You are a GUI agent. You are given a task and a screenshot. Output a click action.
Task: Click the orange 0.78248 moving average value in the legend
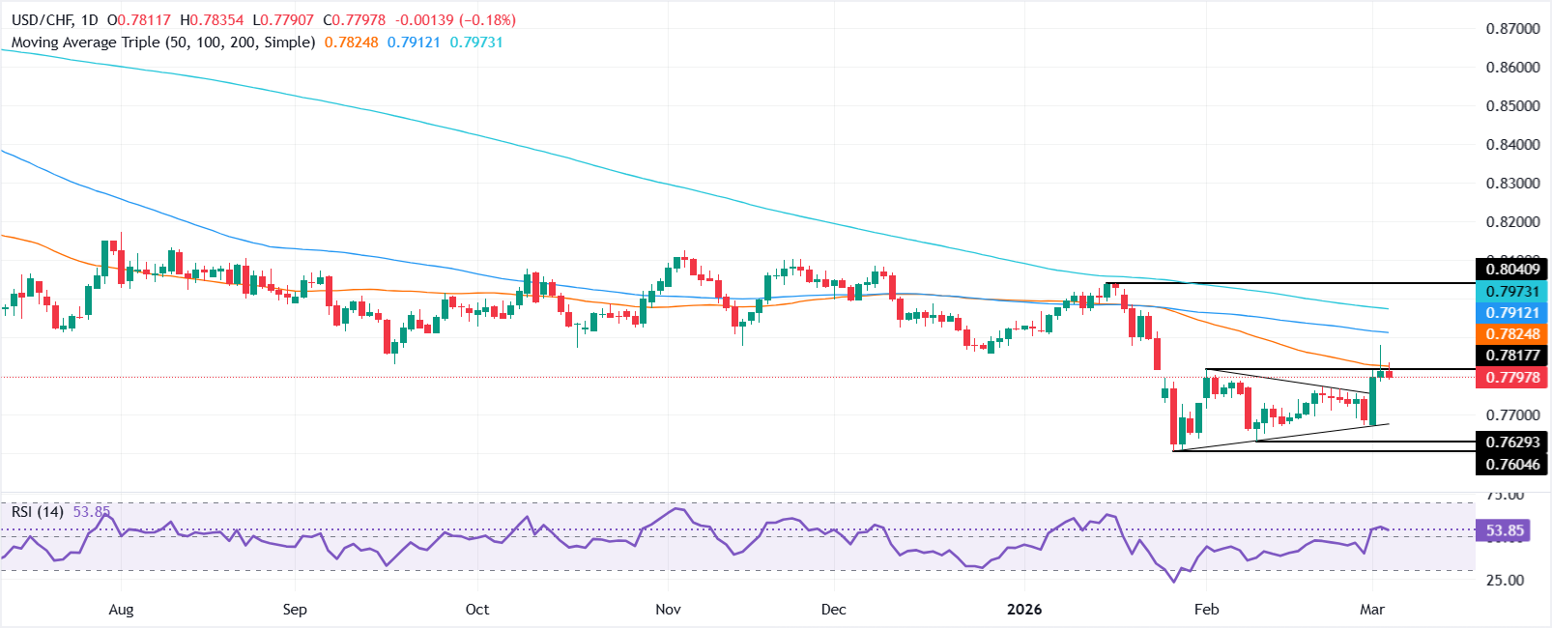pos(352,43)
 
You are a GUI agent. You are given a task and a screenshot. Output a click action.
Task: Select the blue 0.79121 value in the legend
pos(415,43)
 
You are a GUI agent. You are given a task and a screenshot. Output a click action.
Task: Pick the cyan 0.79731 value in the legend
pos(476,43)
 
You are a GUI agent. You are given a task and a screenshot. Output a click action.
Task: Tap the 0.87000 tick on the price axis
pos(1512,29)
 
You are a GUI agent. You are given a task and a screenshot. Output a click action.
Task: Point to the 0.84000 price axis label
pos(1512,145)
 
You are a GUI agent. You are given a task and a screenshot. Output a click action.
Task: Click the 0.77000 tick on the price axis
pos(1512,415)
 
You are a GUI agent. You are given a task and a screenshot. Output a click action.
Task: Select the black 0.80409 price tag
pos(1512,270)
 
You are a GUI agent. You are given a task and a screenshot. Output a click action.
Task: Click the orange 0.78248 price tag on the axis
pos(1512,334)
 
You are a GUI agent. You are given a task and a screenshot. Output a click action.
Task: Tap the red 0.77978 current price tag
pos(1512,378)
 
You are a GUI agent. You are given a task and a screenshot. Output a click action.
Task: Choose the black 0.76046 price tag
pos(1512,465)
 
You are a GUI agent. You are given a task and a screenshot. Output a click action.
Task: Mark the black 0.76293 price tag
pos(1512,442)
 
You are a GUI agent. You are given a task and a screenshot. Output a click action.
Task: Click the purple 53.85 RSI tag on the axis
pos(1505,530)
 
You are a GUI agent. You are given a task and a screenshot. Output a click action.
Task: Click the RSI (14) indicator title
pos(38,512)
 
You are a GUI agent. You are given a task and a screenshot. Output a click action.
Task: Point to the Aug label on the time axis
pos(121,610)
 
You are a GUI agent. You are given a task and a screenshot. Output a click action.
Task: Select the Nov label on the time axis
pos(668,610)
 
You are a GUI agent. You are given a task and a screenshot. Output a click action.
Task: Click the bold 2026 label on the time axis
pos(1024,610)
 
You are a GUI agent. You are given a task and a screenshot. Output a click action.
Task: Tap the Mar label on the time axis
pos(1372,610)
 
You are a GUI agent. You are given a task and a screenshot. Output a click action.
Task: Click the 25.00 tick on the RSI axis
pos(1505,581)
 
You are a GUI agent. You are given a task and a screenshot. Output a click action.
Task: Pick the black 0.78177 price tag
pos(1512,356)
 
